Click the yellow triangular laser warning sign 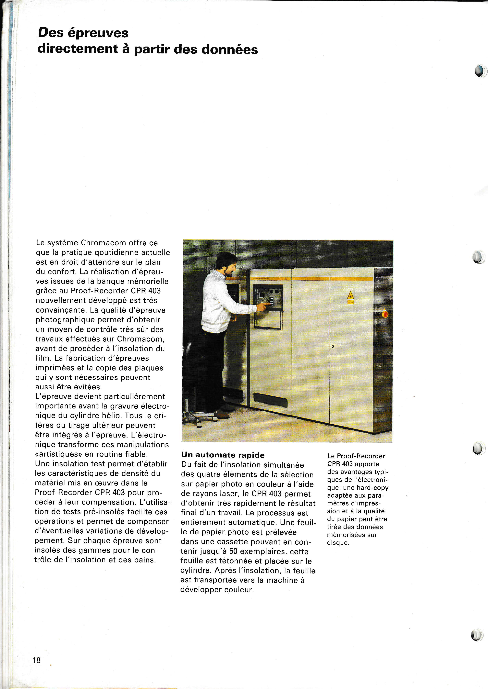pyautogui.click(x=350, y=296)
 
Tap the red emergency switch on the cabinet pyautogui.click(x=385, y=314)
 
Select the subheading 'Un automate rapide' pyautogui.click(x=223, y=455)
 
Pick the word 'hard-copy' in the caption pyautogui.click(x=372, y=488)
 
